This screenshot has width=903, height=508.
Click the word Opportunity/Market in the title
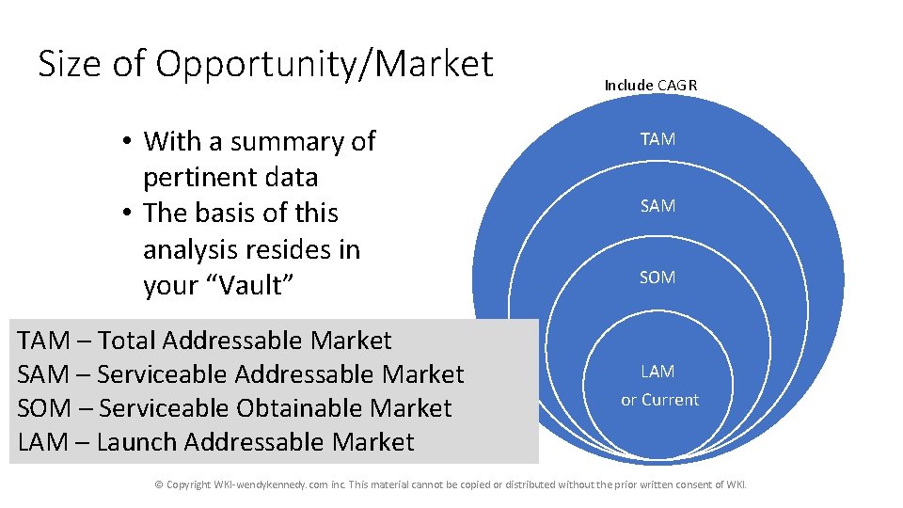[325, 65]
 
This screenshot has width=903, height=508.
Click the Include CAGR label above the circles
[650, 86]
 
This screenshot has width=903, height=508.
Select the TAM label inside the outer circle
[657, 139]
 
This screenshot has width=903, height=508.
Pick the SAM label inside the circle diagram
[657, 206]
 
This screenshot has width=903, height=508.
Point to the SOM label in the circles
[657, 278]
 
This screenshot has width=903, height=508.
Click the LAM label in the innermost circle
[658, 372]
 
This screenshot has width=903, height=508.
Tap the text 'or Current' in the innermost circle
[659, 400]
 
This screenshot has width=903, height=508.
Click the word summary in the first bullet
[290, 142]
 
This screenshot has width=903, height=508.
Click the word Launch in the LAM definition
[137, 442]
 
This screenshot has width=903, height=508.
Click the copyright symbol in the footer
[159, 484]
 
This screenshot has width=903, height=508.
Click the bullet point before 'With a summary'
[125, 142]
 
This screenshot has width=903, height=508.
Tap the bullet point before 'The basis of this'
[125, 214]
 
